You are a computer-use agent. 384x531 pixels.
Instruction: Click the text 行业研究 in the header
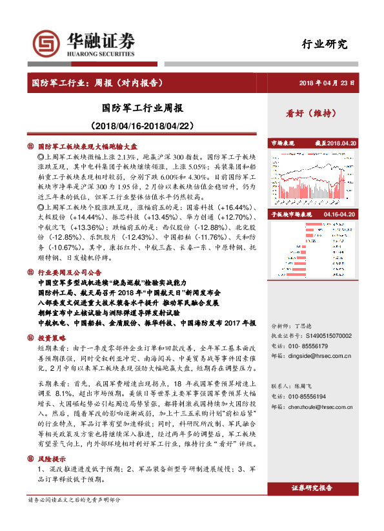pyautogui.click(x=325, y=45)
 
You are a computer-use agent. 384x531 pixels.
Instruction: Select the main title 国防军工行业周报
pyautogui.click(x=143, y=107)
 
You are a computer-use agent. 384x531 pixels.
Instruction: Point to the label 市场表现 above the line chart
pyautogui.click(x=282, y=142)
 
